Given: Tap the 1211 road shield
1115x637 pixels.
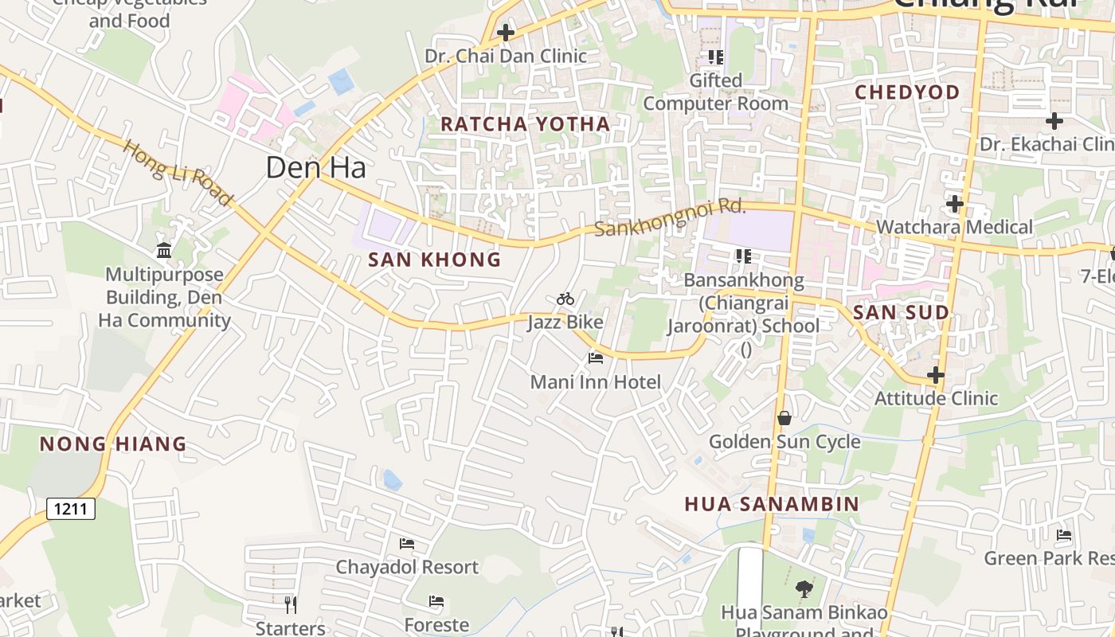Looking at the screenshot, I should tap(71, 508).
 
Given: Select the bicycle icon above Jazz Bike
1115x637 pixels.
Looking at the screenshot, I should tap(565, 299).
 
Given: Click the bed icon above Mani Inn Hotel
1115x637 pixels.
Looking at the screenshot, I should tap(595, 358).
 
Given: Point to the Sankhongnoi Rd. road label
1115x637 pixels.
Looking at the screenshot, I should tap(670, 217).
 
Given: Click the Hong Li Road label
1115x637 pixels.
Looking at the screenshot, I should tap(178, 173).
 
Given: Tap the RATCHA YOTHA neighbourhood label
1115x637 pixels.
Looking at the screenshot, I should tap(525, 124).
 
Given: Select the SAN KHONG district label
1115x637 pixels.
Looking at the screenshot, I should tap(434, 260).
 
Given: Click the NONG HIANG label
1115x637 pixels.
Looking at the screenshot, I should tap(113, 444).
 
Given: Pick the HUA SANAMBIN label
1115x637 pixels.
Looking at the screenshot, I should tap(772, 504).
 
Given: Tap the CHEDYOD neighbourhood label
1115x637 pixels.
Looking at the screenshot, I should tap(907, 92).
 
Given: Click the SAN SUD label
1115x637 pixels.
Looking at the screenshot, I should tap(901, 313).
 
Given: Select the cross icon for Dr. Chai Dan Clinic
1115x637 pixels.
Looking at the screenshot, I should tap(505, 33).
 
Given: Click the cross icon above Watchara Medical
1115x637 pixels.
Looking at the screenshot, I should tap(954, 204).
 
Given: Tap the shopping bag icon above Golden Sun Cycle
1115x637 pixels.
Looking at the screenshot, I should tap(784, 418).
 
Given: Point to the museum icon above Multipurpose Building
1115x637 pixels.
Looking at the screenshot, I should tap(164, 251).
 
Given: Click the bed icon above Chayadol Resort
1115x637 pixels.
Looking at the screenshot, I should tap(406, 544).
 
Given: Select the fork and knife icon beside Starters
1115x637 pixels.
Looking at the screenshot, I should tap(291, 604).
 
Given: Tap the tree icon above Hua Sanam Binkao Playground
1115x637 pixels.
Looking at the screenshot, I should tap(804, 589).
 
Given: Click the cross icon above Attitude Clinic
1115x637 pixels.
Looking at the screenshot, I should tap(936, 374).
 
